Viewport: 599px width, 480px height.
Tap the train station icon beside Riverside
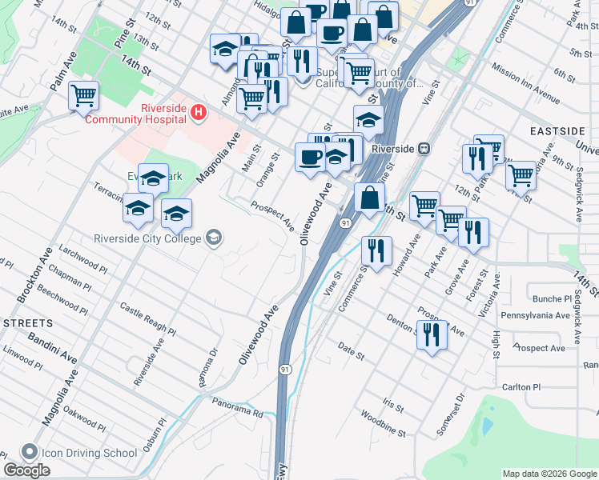click(x=424, y=149)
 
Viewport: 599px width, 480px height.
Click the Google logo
click(x=26, y=470)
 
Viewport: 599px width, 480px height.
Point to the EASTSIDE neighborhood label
click(x=559, y=130)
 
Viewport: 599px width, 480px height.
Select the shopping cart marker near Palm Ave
click(x=83, y=96)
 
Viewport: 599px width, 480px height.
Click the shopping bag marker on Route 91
click(x=368, y=198)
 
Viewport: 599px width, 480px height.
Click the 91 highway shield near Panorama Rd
click(x=285, y=369)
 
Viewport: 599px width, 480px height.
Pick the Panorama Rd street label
click(x=237, y=407)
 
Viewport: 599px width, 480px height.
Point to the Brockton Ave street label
click(x=33, y=274)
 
